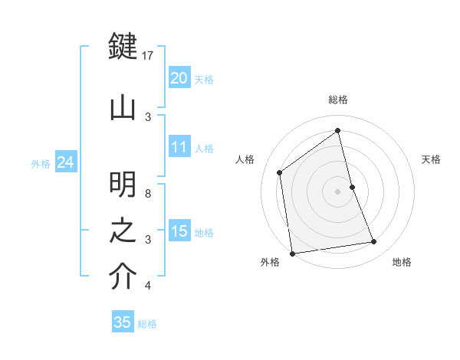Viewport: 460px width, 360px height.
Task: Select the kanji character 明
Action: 123,185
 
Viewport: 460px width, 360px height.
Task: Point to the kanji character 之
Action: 123,231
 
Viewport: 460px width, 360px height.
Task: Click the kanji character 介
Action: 123,277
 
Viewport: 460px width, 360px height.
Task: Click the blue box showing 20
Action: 179,78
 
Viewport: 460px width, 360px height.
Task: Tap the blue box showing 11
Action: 179,147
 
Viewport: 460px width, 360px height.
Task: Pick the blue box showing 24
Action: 65,162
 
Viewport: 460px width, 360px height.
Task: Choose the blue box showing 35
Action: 123,322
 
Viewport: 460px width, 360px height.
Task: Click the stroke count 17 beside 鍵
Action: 148,56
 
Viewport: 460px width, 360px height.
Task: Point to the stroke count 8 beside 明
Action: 148,194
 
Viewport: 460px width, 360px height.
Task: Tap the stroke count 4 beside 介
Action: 148,286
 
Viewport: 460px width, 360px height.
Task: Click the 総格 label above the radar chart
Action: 338,100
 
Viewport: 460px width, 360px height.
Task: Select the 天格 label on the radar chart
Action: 432,159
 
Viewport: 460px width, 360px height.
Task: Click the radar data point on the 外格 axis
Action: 291,253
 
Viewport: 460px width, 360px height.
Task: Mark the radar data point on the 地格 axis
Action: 374,242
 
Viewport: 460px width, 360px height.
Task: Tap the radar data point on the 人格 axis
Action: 280,172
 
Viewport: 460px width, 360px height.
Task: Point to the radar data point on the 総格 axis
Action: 338,131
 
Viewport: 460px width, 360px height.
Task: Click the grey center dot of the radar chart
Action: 338,191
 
